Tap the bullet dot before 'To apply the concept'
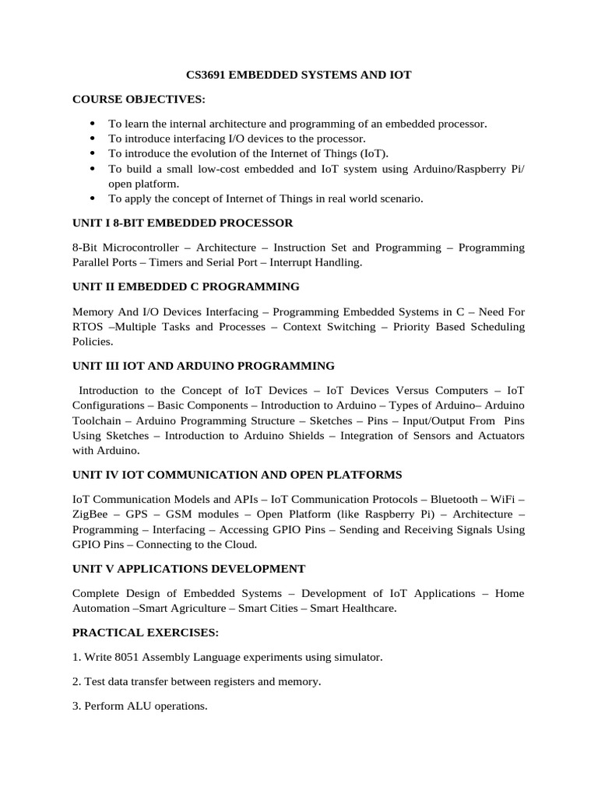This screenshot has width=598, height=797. [x=92, y=198]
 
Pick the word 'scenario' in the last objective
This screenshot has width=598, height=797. [x=400, y=198]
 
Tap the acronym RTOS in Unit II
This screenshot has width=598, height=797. [x=88, y=327]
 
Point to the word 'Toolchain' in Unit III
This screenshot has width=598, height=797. [x=97, y=420]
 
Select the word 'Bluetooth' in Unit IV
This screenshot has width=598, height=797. [x=456, y=499]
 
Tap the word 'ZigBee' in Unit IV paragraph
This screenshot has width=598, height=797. [x=92, y=514]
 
